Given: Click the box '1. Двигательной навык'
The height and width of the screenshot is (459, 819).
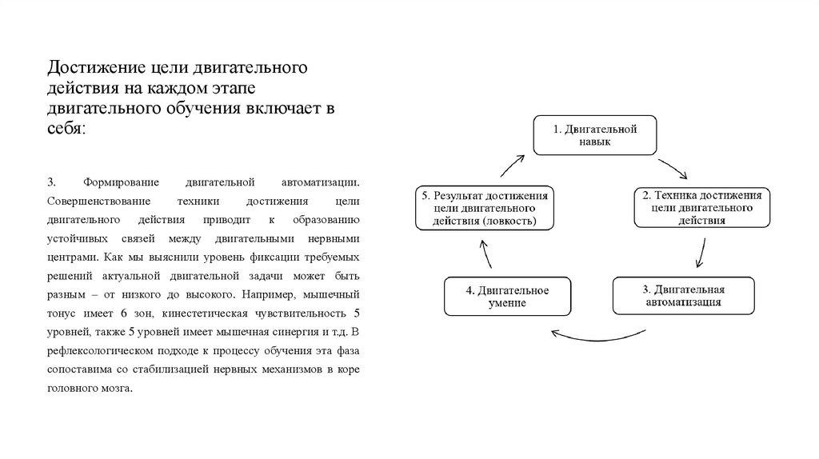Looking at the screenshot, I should click(x=595, y=135).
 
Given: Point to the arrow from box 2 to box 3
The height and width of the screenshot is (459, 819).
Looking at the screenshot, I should click(x=701, y=251).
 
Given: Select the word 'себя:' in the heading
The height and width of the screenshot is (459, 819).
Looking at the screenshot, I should click(x=65, y=128).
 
